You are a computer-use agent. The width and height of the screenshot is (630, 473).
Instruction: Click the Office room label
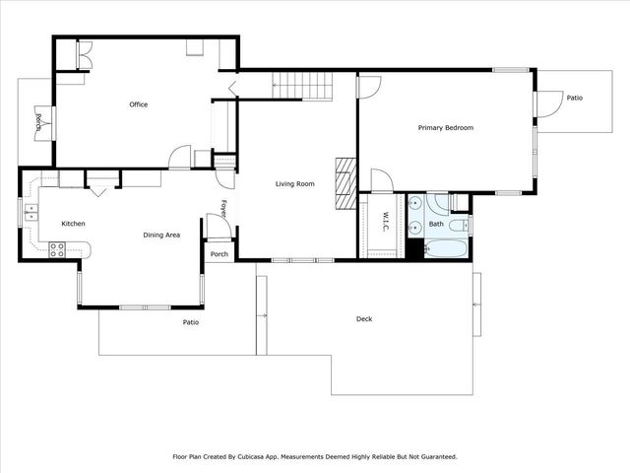[x=139, y=104]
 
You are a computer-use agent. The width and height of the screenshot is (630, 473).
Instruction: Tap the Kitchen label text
[x=74, y=224]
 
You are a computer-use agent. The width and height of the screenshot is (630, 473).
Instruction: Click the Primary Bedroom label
[x=445, y=128]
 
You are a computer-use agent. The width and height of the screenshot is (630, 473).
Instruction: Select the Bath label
[x=436, y=225]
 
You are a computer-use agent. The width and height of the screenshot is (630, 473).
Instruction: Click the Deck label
[x=364, y=318]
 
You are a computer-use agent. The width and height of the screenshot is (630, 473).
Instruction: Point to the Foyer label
[x=224, y=210]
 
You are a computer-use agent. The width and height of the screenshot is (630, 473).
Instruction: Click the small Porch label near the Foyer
[x=220, y=254]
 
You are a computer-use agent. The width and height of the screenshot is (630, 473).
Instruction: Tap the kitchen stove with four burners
[x=56, y=250]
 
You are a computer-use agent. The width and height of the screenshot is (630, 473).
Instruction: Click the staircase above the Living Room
[x=302, y=87]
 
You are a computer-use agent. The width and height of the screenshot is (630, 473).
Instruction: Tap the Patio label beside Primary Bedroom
[x=574, y=97]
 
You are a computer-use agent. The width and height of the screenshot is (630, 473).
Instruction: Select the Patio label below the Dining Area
[x=191, y=322]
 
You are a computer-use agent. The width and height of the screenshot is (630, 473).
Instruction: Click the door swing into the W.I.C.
[x=381, y=180]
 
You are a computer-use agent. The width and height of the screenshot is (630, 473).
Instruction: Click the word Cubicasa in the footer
[x=268, y=457]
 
